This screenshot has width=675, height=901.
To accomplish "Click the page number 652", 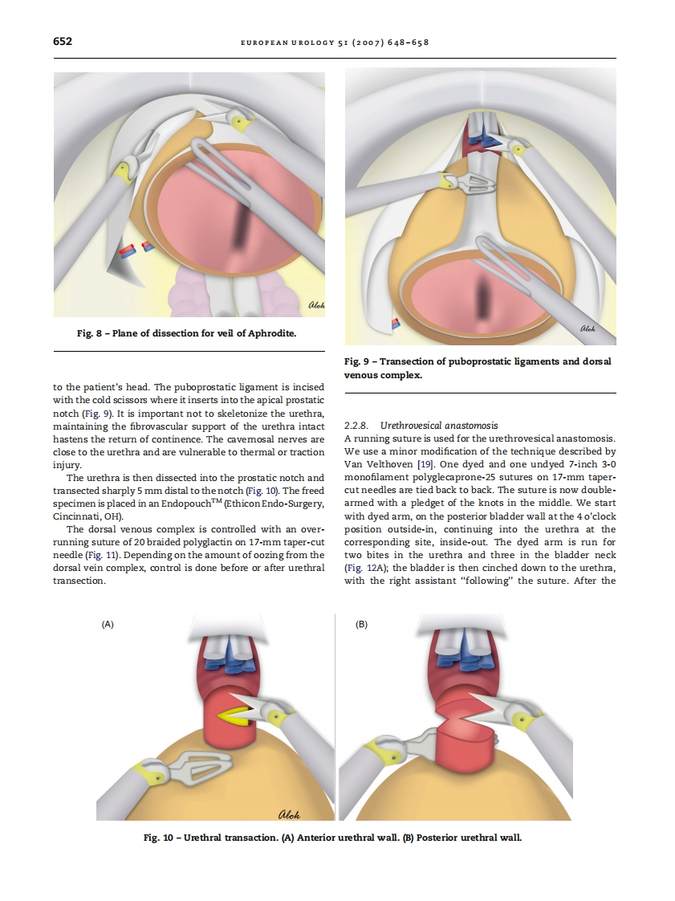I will pyautogui.click(x=62, y=41).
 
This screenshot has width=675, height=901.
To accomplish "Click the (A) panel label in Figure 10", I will pyautogui.click(x=108, y=624).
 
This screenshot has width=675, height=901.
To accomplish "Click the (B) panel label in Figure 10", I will pyautogui.click(x=361, y=624).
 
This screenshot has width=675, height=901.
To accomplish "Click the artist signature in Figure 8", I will pyautogui.click(x=315, y=304).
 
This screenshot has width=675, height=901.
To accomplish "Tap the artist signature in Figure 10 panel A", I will pyautogui.click(x=289, y=814).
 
